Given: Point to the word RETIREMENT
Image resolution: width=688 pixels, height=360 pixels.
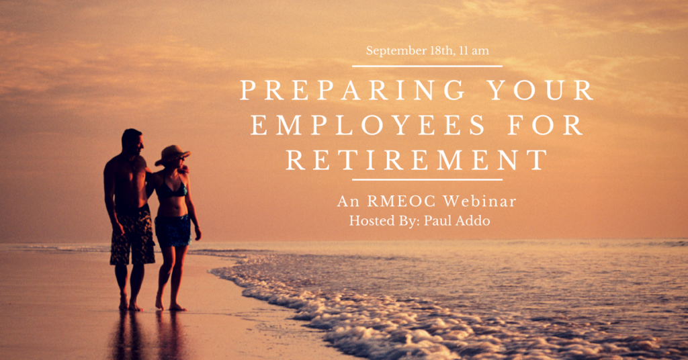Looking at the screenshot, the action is point(417,160).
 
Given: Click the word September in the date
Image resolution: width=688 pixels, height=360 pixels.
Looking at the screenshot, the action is point(396,51).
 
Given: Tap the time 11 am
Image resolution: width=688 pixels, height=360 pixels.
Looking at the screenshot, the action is point(474,51).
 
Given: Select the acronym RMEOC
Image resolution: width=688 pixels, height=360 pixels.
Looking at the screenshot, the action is point(402,201).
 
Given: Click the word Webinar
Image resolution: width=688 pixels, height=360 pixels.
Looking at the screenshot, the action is point(480,201).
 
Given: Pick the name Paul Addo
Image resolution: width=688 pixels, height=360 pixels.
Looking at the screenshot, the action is point(457,220).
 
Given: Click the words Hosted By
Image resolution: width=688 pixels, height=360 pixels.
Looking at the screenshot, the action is point(384,220).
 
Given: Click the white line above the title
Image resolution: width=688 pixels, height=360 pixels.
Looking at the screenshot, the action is point(427,66).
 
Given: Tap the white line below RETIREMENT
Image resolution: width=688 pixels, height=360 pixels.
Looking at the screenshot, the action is point(427,179).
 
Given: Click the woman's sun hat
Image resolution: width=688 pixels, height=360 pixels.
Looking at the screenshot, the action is point(173,154).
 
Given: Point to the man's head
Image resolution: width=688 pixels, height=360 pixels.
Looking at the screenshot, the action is point(132,141).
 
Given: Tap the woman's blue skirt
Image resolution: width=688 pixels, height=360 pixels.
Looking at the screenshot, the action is point(173,230).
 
